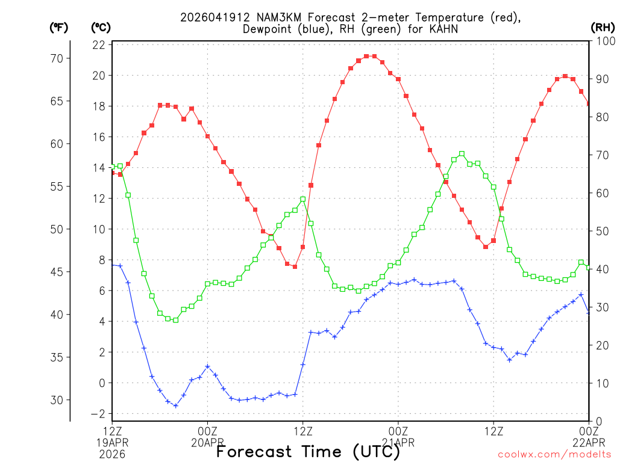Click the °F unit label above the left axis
(x=58, y=28)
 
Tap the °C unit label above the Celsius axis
(x=101, y=28)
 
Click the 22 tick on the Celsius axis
(x=99, y=45)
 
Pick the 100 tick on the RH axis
(x=604, y=41)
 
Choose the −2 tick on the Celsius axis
(x=98, y=414)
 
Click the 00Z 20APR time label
(x=208, y=437)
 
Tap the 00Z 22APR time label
(x=588, y=437)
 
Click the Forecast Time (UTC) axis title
(x=308, y=451)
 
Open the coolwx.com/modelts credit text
(x=554, y=455)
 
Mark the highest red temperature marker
(x=366, y=56)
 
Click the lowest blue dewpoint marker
(x=176, y=405)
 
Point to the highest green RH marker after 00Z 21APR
(x=462, y=153)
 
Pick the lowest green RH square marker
(x=176, y=320)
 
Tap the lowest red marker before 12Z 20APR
(x=295, y=266)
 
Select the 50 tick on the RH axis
(x=601, y=231)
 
